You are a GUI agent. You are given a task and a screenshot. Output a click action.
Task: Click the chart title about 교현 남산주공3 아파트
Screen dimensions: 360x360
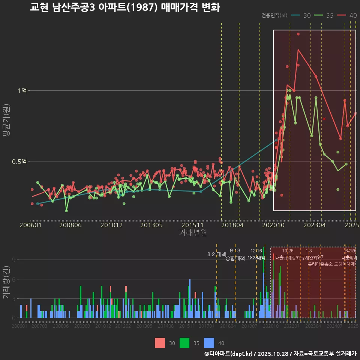point(124,7)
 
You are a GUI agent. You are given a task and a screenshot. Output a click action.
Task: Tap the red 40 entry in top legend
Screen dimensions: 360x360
point(347,15)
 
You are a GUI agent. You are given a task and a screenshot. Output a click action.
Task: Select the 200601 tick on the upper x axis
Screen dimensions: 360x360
point(30,225)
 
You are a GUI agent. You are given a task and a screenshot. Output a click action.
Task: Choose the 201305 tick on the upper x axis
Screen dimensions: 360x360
point(151,225)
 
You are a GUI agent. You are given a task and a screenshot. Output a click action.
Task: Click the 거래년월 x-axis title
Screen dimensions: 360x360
point(193,232)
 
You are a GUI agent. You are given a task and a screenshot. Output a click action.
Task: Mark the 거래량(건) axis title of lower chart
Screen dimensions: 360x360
point(6,282)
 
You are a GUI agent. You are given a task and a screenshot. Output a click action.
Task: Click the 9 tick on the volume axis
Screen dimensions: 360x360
point(13,260)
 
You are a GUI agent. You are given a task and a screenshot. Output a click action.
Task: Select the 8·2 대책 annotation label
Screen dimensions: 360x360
point(217,254)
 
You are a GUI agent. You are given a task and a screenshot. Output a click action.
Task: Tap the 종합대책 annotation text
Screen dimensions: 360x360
point(235,258)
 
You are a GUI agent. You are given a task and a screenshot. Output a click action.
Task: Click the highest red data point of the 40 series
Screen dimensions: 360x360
point(298,34)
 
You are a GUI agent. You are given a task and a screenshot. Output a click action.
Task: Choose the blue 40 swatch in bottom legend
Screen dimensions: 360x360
point(209,343)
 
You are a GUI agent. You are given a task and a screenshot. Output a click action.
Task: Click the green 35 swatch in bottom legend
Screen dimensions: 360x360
point(184,343)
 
